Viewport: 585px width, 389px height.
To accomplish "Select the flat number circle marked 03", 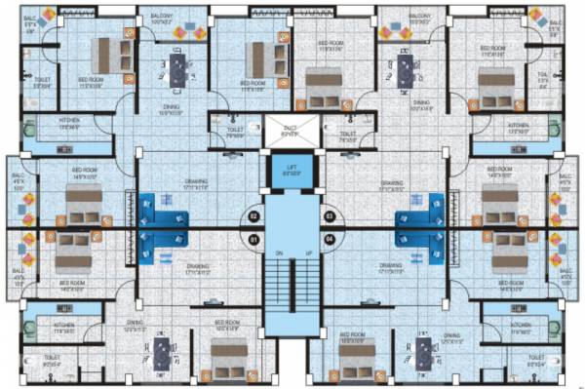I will coord(329,215).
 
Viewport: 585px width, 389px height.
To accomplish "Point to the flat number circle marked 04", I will coord(329,239).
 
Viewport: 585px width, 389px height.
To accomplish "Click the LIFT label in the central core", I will coord(292,168).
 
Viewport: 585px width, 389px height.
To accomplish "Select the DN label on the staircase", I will coord(278,255).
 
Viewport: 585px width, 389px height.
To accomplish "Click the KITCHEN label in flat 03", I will coord(519,126).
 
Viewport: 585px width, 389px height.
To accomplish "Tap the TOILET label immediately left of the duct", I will coord(234,133).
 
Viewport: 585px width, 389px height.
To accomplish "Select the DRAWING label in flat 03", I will coord(392,182).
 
